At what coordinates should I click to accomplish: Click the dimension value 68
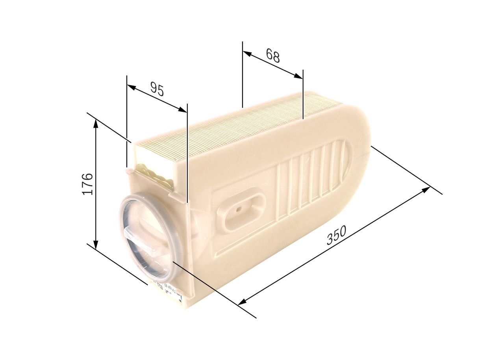272,56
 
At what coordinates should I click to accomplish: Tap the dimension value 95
157,90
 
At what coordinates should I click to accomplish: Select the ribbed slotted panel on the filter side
311,181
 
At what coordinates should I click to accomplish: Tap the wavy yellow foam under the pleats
156,175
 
